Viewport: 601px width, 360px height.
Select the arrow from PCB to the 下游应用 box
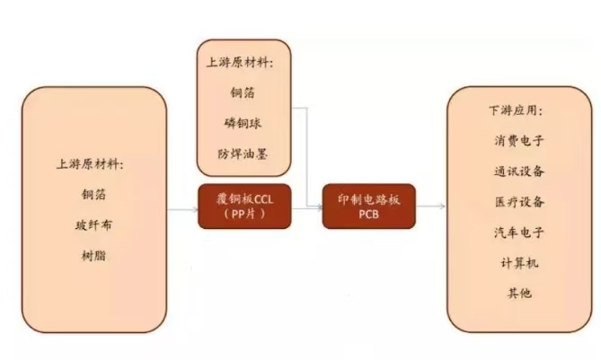click(431, 206)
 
